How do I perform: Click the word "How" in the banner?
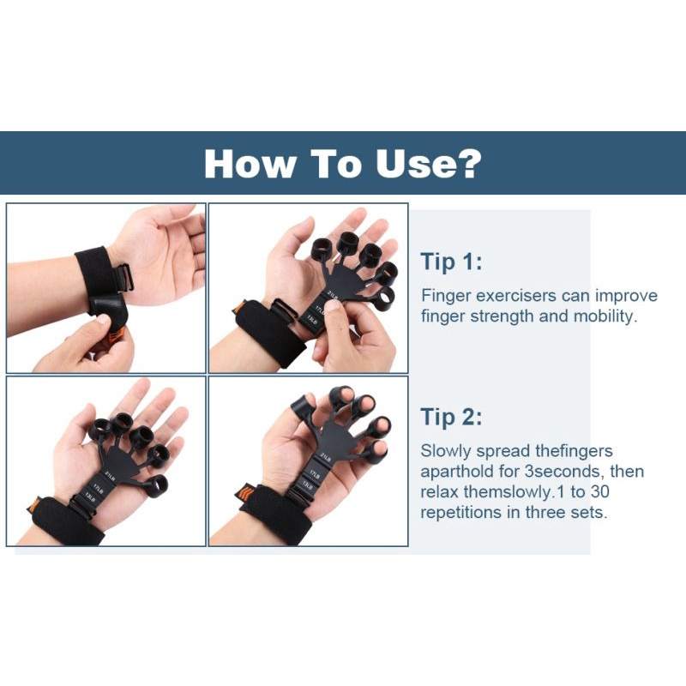coord(250,164)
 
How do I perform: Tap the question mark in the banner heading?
coord(470,163)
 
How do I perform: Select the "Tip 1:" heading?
coord(451,262)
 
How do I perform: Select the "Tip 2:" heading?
coord(451,417)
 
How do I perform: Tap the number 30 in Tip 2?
coord(599,491)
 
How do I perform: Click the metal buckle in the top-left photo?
coord(123,278)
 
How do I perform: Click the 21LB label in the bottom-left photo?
coord(110,476)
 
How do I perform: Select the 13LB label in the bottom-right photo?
coord(307,484)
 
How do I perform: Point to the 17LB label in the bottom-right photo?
coord(315,474)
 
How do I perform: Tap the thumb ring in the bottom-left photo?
coord(155,486)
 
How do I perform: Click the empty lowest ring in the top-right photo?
coord(382,299)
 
